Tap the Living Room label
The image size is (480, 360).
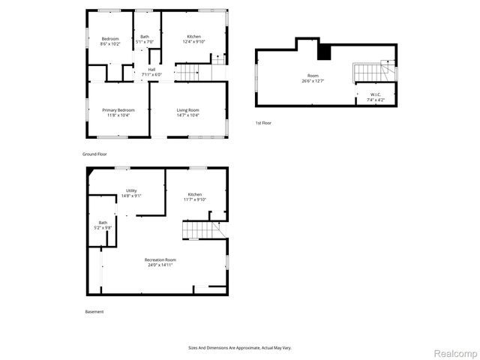click(x=187, y=110)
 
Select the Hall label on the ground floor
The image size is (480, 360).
click(x=151, y=70)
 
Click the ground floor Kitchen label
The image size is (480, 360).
click(x=193, y=37)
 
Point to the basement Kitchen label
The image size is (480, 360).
click(x=194, y=194)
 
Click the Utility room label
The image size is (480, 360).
click(x=131, y=190)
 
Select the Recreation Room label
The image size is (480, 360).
click(x=160, y=259)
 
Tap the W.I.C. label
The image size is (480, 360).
click(x=375, y=94)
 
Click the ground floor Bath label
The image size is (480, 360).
click(x=144, y=37)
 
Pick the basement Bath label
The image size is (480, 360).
click(x=102, y=222)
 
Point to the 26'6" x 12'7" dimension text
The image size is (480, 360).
click(x=313, y=81)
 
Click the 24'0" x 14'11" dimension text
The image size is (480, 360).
click(x=160, y=265)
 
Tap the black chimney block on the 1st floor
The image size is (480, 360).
click(x=323, y=52)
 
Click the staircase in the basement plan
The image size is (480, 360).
click(x=199, y=229)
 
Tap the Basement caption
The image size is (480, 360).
click(x=94, y=311)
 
